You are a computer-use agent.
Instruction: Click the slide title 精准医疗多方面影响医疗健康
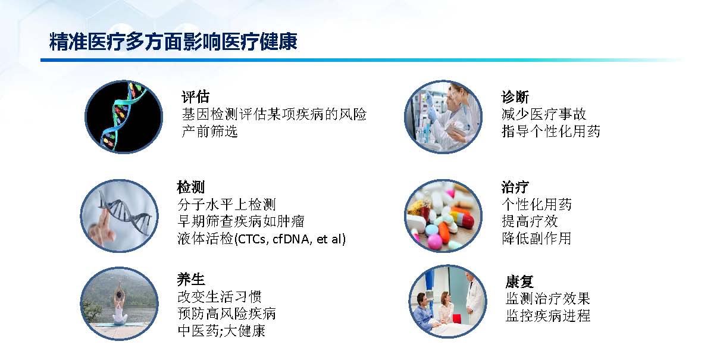coord(173,42)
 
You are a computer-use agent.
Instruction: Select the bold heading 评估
coord(195,96)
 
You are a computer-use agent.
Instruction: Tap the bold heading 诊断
coord(515,96)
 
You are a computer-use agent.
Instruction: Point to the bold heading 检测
coord(191,187)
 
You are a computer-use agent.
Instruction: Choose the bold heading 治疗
coord(515,187)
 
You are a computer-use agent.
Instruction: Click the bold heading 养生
coord(191,279)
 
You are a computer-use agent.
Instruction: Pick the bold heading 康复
coord(519,281)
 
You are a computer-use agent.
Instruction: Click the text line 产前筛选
coord(209,131)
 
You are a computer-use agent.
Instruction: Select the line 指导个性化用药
coord(551,131)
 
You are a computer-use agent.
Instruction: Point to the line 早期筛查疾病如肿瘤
coord(241,221)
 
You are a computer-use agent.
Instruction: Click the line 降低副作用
coord(537,238)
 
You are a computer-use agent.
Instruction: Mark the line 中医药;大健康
coord(221,330)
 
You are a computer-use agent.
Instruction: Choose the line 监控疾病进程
coord(548,315)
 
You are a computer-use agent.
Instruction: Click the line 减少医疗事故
coord(544,114)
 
